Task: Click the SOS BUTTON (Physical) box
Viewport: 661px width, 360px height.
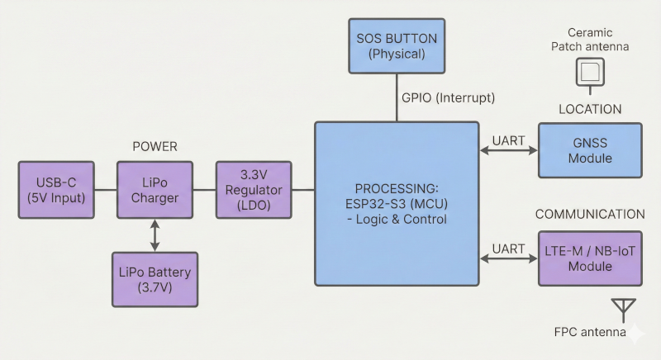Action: pyautogui.click(x=397, y=46)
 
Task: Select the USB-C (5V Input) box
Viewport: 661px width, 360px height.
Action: pyautogui.click(x=55, y=189)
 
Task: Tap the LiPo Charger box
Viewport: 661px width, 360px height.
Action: pyautogui.click(x=155, y=189)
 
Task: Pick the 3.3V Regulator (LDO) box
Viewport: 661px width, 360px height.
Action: pyautogui.click(x=254, y=189)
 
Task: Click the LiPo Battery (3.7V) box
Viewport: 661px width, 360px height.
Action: pyautogui.click(x=155, y=280)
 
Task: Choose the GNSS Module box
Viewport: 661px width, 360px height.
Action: pyautogui.click(x=590, y=150)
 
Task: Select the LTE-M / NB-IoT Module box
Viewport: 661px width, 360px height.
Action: pyautogui.click(x=590, y=258)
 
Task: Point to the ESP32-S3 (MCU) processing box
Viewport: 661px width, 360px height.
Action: pyautogui.click(x=397, y=203)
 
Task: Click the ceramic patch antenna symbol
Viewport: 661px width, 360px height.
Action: pyautogui.click(x=590, y=72)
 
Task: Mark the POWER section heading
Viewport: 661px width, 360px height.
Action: pyautogui.click(x=155, y=146)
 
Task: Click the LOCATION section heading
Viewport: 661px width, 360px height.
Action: pyautogui.click(x=590, y=109)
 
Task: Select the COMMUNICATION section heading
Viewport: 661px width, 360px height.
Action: pyautogui.click(x=590, y=215)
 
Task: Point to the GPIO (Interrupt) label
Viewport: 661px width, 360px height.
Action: pyautogui.click(x=448, y=97)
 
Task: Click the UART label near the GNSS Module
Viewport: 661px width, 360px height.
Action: pyautogui.click(x=508, y=140)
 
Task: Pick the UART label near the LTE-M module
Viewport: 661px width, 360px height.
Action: pyautogui.click(x=508, y=248)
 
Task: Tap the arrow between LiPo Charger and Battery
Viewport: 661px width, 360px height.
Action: pyautogui.click(x=155, y=234)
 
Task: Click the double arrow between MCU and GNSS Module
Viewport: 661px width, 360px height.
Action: pyautogui.click(x=508, y=151)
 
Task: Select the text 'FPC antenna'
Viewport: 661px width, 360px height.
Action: pyautogui.click(x=589, y=334)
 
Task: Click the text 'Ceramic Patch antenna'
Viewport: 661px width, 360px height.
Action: pyautogui.click(x=590, y=40)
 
